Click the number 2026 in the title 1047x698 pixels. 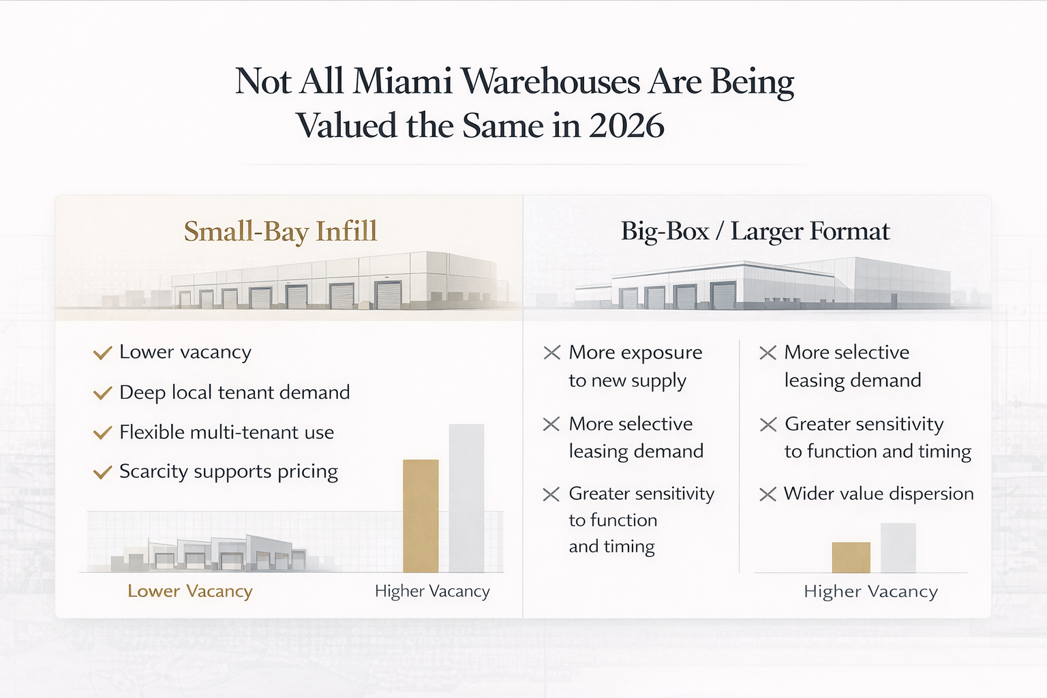626,126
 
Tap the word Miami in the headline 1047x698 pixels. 402,82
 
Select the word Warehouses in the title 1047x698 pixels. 551,82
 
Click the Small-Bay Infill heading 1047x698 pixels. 280,232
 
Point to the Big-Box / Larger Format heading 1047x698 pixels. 755,232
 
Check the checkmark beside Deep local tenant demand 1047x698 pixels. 102,393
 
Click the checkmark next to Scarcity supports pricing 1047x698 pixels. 102,472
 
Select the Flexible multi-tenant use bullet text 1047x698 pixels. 226,432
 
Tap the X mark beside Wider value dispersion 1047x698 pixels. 768,494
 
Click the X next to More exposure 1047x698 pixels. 551,352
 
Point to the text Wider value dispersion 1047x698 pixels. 879,494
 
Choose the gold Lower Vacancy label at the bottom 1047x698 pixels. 190,591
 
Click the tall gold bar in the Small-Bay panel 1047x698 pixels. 421,516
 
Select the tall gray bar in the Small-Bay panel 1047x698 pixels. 466,498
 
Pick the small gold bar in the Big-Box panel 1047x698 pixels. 851,558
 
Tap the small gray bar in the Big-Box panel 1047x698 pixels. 898,548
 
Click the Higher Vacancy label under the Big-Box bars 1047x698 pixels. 870,591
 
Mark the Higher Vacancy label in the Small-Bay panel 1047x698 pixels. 432,591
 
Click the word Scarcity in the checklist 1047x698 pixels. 153,472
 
